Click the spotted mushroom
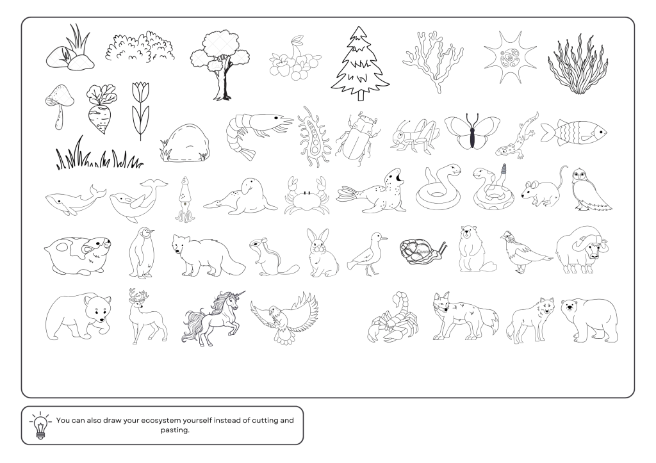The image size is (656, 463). (60, 104)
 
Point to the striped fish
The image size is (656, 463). (574, 132)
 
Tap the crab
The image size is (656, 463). (306, 197)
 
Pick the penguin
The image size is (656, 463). (142, 253)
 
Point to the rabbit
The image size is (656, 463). (322, 253)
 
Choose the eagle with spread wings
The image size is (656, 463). (285, 318)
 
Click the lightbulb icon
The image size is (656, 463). (40, 426)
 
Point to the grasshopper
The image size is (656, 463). (414, 135)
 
